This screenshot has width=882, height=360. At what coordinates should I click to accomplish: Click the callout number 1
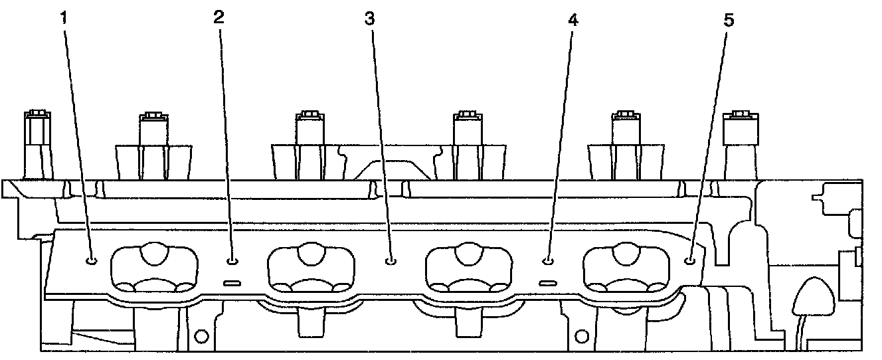(x=64, y=19)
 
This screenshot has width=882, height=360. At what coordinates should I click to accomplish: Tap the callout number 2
(x=219, y=17)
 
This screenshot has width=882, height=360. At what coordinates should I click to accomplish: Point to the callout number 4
(x=573, y=19)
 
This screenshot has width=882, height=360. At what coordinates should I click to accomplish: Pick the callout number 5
(x=729, y=20)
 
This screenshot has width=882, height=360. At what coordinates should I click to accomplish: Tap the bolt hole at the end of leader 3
(x=391, y=260)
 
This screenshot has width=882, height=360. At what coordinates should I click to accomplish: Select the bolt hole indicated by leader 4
(x=548, y=260)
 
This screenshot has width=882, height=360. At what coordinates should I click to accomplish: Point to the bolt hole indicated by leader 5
(x=690, y=260)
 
